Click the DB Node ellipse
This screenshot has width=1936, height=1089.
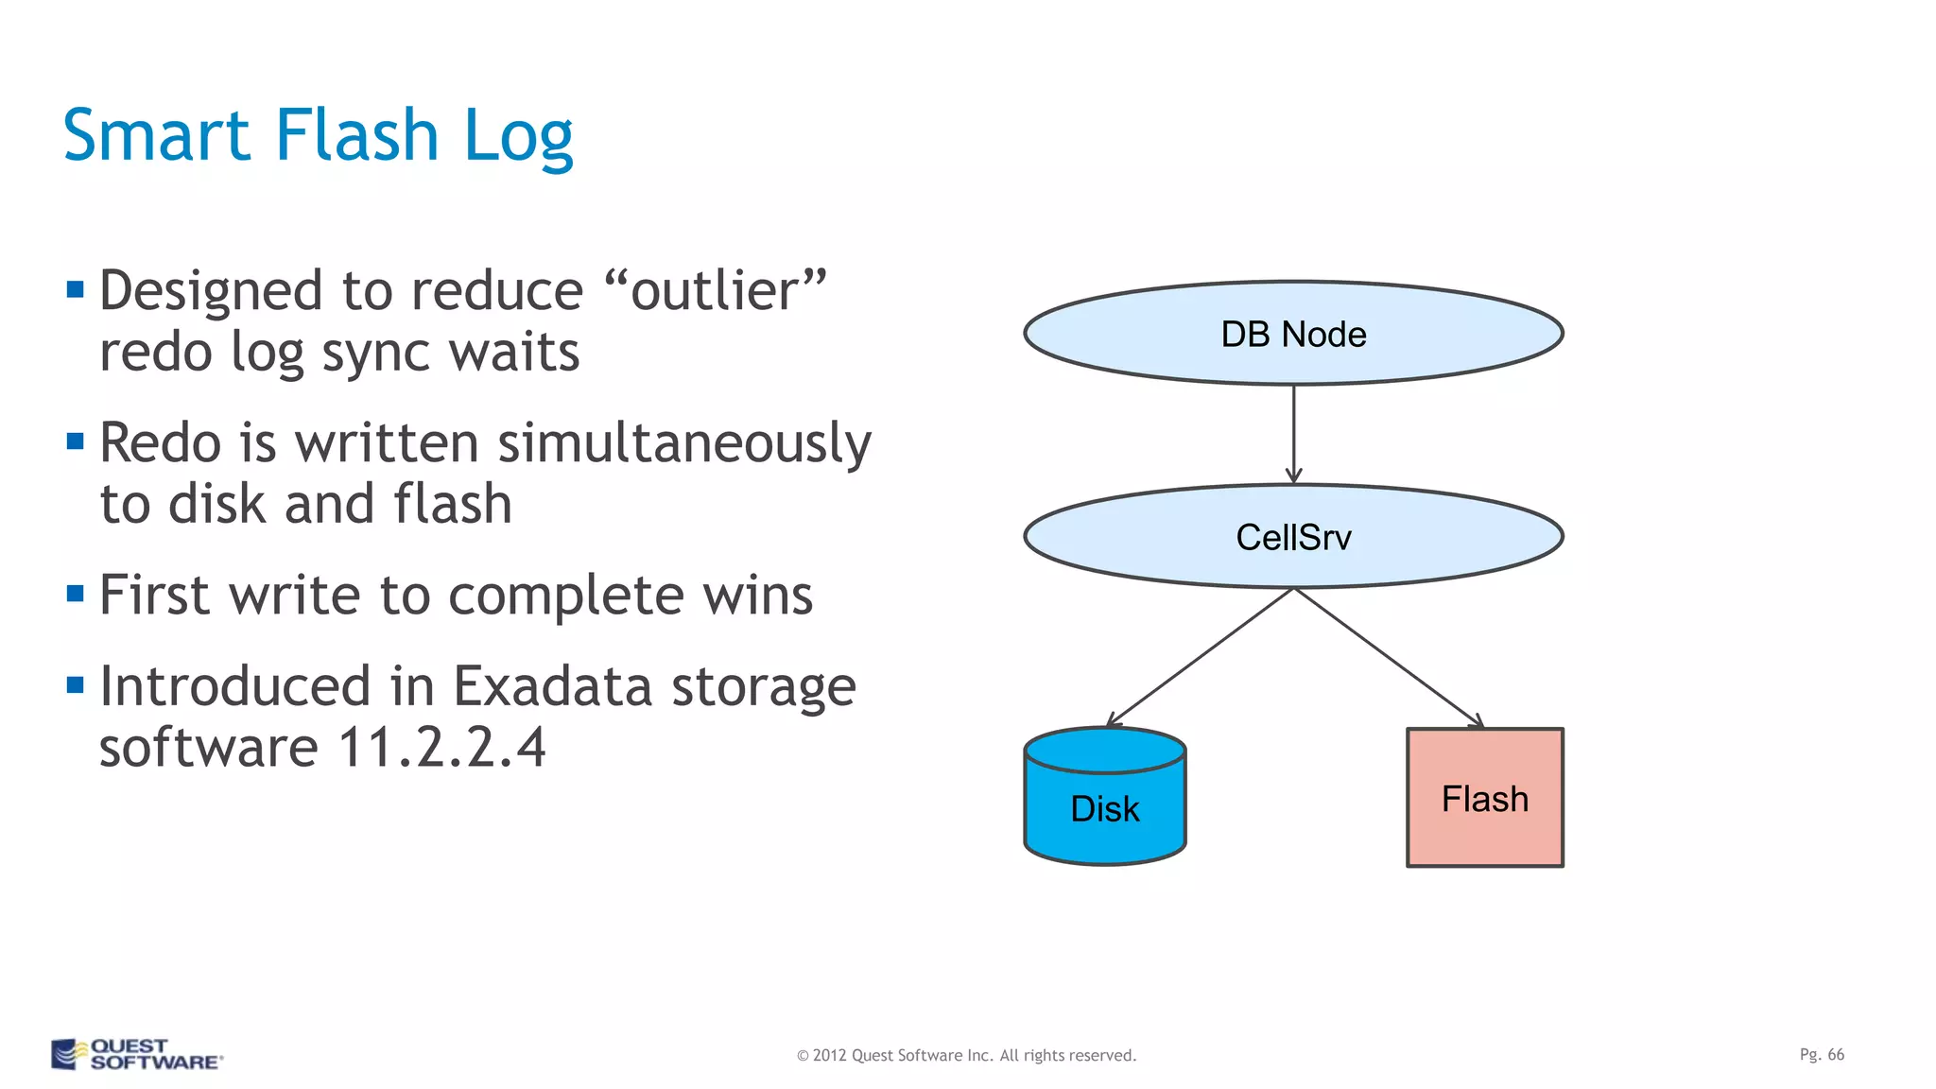click(1293, 333)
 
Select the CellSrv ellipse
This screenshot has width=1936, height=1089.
click(1293, 536)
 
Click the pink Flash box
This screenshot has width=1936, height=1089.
click(1484, 798)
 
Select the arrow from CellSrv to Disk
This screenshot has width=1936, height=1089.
click(1201, 657)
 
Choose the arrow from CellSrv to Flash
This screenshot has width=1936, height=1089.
click(1388, 657)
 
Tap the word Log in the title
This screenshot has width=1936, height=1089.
click(518, 137)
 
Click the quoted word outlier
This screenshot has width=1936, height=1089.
click(715, 290)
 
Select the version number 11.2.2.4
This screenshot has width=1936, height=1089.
click(441, 748)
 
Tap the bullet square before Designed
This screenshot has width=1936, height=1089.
click(76, 288)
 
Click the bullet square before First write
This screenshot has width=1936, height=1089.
click(76, 594)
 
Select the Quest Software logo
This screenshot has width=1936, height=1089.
click(136, 1054)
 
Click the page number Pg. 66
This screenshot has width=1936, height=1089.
click(1821, 1054)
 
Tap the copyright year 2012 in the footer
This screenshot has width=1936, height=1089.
click(829, 1055)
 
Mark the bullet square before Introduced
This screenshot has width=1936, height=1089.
click(76, 684)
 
